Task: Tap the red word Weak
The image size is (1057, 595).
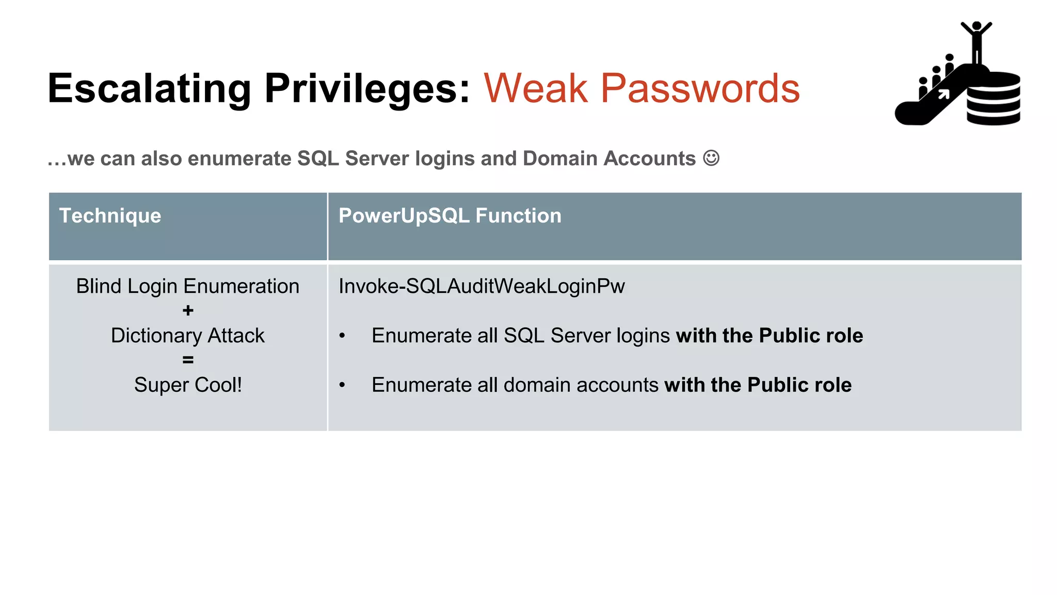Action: tap(535, 89)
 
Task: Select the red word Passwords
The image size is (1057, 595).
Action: tap(700, 89)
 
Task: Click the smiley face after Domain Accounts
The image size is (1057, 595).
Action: tap(711, 158)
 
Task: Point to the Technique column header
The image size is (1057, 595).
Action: tap(110, 216)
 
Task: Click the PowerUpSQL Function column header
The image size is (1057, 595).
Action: tap(450, 216)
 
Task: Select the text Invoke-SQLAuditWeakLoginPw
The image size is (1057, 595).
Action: tap(482, 286)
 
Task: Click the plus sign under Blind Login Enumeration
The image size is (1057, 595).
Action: tap(188, 311)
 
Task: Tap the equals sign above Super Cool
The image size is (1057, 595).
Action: tap(188, 360)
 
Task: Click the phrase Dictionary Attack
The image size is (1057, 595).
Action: tap(188, 336)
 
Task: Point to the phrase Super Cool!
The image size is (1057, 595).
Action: tap(188, 385)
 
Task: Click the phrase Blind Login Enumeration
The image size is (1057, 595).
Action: tap(188, 286)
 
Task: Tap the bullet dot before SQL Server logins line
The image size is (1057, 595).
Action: tap(342, 336)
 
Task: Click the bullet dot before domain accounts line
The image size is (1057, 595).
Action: tap(342, 385)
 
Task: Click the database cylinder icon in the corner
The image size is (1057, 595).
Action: tap(994, 99)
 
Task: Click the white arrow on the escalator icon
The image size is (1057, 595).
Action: tap(943, 94)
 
